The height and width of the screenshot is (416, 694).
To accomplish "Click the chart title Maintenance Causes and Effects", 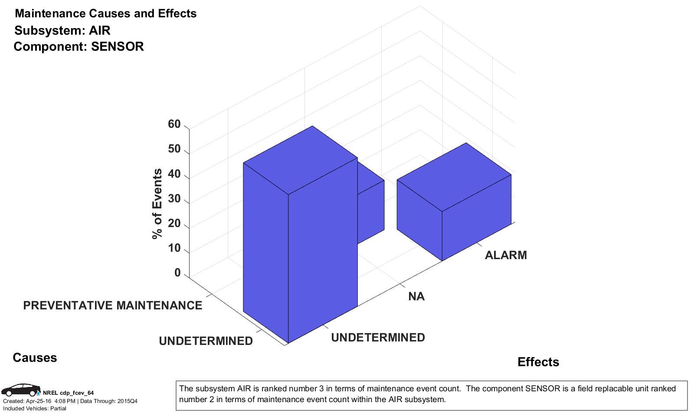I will (105, 13).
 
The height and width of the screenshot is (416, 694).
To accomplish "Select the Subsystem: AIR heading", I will (62, 30).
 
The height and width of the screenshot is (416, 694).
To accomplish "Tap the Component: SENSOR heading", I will (79, 46).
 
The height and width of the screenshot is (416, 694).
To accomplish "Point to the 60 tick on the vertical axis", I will (174, 124).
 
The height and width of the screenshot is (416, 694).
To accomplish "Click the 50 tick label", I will (174, 149).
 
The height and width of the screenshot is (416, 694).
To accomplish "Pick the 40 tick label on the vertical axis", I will (174, 174).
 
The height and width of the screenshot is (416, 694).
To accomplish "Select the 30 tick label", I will (174, 198).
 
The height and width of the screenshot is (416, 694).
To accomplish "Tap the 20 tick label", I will (174, 223).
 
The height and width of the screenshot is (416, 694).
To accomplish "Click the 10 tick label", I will (174, 248).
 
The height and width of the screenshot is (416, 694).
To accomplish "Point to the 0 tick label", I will (177, 273).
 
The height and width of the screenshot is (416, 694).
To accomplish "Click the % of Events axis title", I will (157, 204).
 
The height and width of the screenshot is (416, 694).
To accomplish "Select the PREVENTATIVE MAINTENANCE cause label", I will (112, 305).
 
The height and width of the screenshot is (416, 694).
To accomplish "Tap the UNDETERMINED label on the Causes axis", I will (206, 341).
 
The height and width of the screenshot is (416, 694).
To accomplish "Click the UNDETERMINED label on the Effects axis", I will (378, 338).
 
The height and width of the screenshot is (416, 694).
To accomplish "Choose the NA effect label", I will (416, 296).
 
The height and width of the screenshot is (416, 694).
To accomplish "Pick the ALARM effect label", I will (506, 255).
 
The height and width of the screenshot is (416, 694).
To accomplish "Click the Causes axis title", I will (35, 357).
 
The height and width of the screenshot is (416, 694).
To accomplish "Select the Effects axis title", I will (538, 362).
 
